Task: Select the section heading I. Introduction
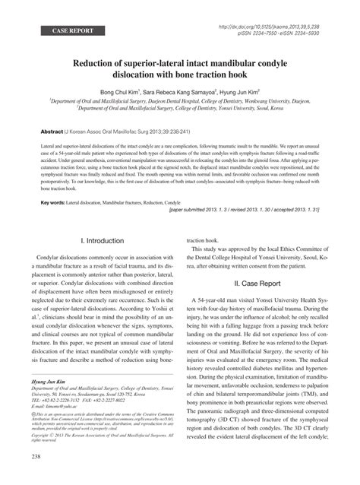click(105, 239)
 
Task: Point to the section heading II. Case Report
click(257, 281)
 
